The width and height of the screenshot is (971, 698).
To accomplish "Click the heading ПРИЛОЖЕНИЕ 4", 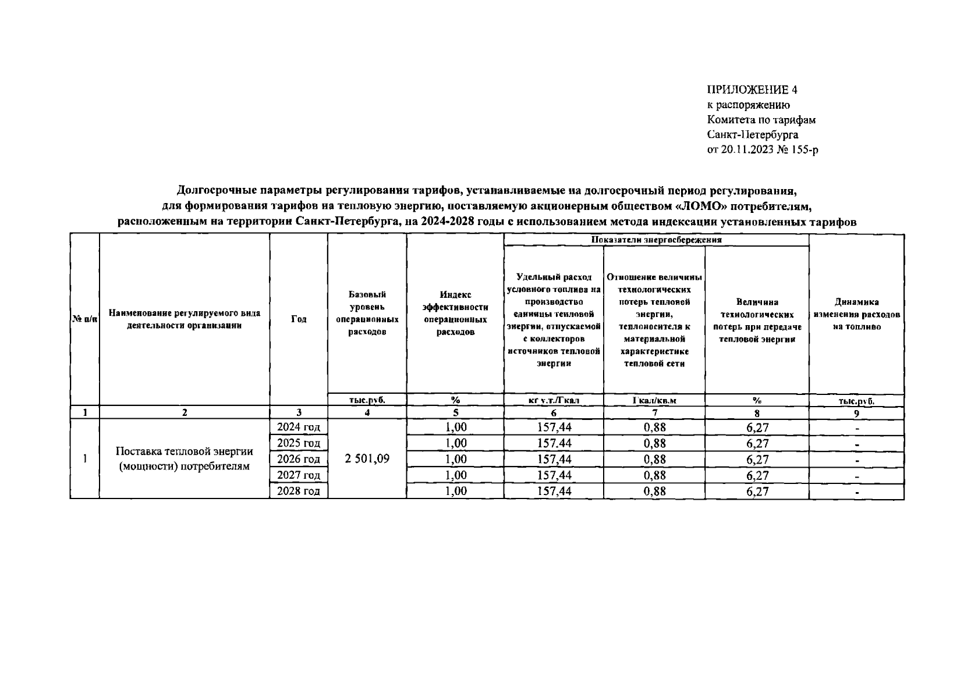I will click(752, 90).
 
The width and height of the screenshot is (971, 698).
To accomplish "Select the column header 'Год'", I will click(299, 319).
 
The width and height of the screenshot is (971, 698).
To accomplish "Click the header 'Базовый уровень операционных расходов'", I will click(367, 313).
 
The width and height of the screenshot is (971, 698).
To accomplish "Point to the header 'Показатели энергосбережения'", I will click(656, 240).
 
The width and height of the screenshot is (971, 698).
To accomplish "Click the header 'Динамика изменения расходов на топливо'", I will click(856, 314).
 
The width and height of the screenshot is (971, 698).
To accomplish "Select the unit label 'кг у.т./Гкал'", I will click(553, 400).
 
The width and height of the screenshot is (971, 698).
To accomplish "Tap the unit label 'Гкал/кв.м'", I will click(654, 400).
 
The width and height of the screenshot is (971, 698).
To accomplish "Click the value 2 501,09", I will click(367, 459).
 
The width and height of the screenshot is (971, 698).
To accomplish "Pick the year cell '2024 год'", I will click(299, 427).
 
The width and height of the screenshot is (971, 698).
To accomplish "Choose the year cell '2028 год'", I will click(299, 491).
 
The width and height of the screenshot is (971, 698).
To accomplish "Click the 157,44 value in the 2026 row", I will click(554, 459).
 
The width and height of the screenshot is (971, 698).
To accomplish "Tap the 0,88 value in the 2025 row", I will click(654, 443).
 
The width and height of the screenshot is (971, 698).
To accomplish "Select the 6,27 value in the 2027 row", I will click(757, 475).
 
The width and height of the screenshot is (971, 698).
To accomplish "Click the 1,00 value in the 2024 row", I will click(455, 427).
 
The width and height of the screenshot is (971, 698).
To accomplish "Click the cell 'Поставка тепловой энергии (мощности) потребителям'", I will click(184, 459).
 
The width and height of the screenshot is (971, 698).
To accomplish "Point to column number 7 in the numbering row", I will click(654, 413).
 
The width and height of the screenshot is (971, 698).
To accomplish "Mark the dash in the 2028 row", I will click(856, 492).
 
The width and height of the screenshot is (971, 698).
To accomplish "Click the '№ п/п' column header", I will click(84, 319).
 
